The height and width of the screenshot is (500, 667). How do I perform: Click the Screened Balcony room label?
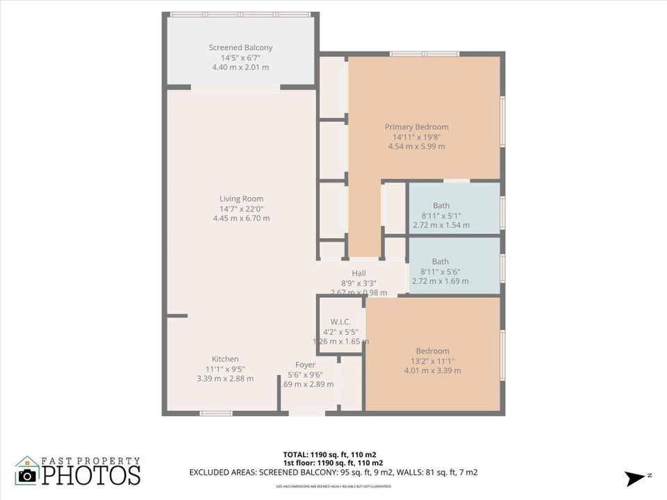[x=240, y=48]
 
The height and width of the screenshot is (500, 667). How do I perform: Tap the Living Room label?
[x=241, y=199]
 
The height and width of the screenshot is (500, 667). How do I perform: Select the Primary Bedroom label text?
[x=416, y=127]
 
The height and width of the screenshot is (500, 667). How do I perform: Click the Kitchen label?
[x=225, y=359]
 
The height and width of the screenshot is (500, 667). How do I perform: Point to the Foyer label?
[x=305, y=365]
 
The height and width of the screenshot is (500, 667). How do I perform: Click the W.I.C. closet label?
[x=340, y=322]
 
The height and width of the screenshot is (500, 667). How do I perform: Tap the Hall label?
[x=359, y=274]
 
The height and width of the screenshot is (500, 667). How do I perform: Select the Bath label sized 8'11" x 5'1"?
[x=440, y=206]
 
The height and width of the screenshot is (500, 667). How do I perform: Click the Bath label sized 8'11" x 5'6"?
[x=440, y=262]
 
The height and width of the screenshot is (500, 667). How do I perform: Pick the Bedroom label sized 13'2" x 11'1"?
[x=432, y=351]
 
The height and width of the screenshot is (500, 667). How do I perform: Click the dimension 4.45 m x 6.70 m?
[x=241, y=218]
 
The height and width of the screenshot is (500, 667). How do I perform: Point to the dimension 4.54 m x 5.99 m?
[x=416, y=147]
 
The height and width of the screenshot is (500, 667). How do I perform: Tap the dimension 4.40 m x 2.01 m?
[x=240, y=67]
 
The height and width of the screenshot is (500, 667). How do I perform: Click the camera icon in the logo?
[x=27, y=475]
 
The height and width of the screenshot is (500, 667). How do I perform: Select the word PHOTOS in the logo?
[x=90, y=476]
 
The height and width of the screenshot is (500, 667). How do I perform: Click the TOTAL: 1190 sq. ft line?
[x=333, y=454]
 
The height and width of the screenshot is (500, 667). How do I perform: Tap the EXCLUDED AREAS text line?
[x=333, y=472]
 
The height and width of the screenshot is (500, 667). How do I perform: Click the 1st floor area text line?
[x=333, y=463]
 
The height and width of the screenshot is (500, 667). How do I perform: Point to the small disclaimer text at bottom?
[x=333, y=486]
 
